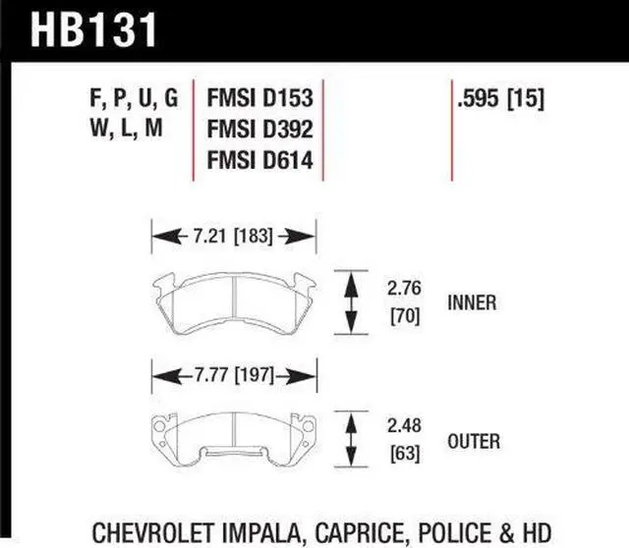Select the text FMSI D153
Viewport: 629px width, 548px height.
[x=259, y=99]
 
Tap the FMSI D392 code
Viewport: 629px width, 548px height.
[x=259, y=130]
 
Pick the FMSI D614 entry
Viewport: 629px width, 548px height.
[x=259, y=160]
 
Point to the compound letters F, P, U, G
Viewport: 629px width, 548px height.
[x=132, y=99]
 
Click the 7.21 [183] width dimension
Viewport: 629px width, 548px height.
[x=233, y=236]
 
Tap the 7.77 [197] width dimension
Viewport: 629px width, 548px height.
[x=233, y=375]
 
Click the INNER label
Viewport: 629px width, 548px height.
[x=471, y=303]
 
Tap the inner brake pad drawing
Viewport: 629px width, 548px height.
[x=233, y=300]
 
